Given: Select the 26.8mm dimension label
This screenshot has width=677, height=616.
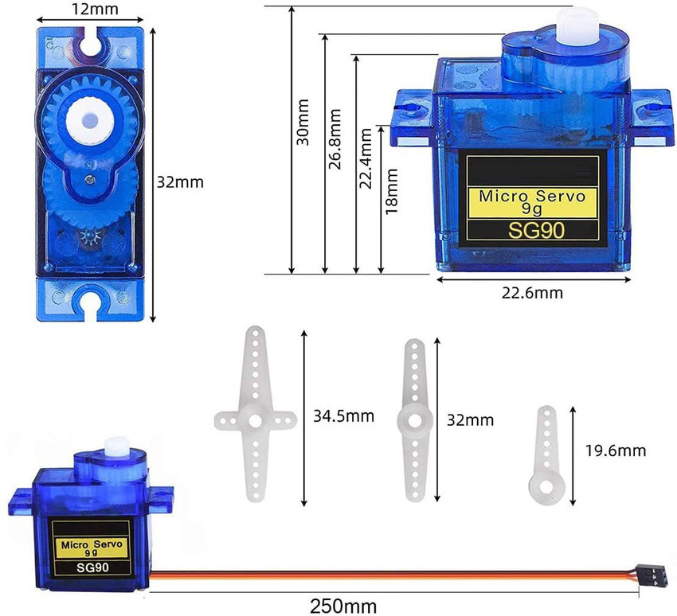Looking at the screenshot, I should click(335, 138).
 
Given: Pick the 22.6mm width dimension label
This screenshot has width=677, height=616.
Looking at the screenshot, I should click(532, 293).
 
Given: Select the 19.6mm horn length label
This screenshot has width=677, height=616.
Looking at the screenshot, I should click(615, 451).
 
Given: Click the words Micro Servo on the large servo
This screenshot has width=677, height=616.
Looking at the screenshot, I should click(531, 195).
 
